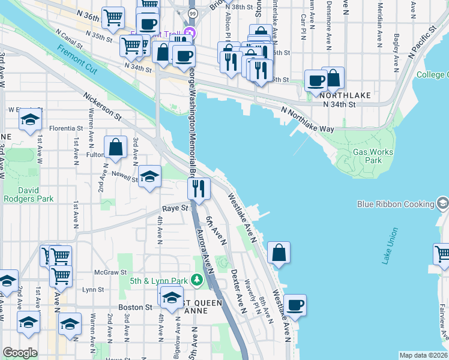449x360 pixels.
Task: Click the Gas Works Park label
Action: click(x=373, y=157)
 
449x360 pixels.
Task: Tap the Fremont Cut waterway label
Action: click(x=75, y=56)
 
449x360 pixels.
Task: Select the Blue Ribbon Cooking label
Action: click(x=395, y=204)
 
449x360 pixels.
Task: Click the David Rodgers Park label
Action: click(x=28, y=194)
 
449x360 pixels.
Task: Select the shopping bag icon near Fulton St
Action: click(x=115, y=146)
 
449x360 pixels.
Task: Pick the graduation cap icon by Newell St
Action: click(x=150, y=176)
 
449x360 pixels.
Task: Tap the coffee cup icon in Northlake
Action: click(x=316, y=80)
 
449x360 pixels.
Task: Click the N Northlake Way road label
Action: click(x=308, y=119)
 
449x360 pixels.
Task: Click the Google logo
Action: click(x=20, y=353)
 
